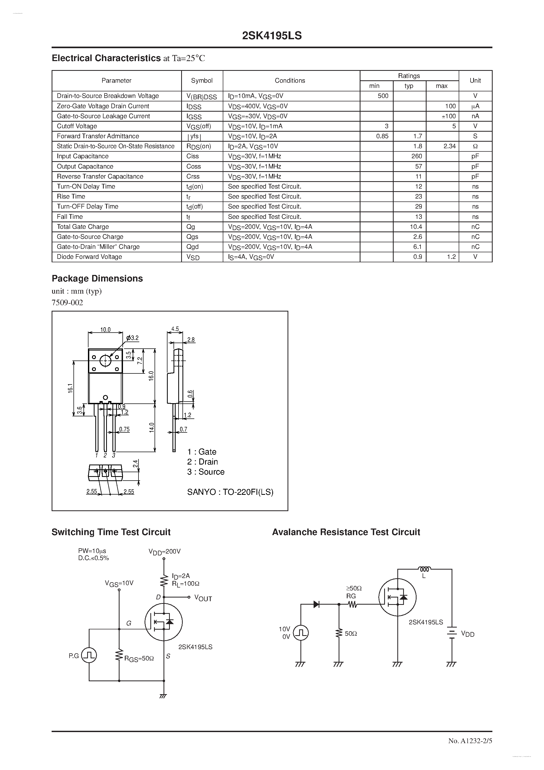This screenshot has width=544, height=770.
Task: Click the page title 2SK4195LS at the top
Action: pos(272,36)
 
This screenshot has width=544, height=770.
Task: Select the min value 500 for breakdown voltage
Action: pos(383,96)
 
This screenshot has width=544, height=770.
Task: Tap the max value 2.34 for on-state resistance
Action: pos(449,146)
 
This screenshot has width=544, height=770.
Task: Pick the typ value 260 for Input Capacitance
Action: pos(417,156)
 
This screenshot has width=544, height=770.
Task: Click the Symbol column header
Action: pos(202,81)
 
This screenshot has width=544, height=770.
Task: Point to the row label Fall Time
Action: pos(70,217)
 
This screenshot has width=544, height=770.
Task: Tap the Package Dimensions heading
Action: pos(97,278)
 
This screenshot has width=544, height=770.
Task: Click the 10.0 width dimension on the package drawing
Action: pos(105,330)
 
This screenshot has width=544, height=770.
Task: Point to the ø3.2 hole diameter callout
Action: pos(132,338)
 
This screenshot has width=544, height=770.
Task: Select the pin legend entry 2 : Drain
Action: pos(202,462)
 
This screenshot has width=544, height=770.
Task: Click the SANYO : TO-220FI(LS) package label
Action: pos(230,492)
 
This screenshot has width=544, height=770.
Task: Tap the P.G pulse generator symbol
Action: pos(89,655)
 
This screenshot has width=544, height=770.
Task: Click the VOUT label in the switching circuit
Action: pos(203,599)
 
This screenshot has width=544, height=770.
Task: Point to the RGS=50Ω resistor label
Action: pos(139,659)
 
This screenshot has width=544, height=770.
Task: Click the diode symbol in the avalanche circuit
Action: pos(316,604)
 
